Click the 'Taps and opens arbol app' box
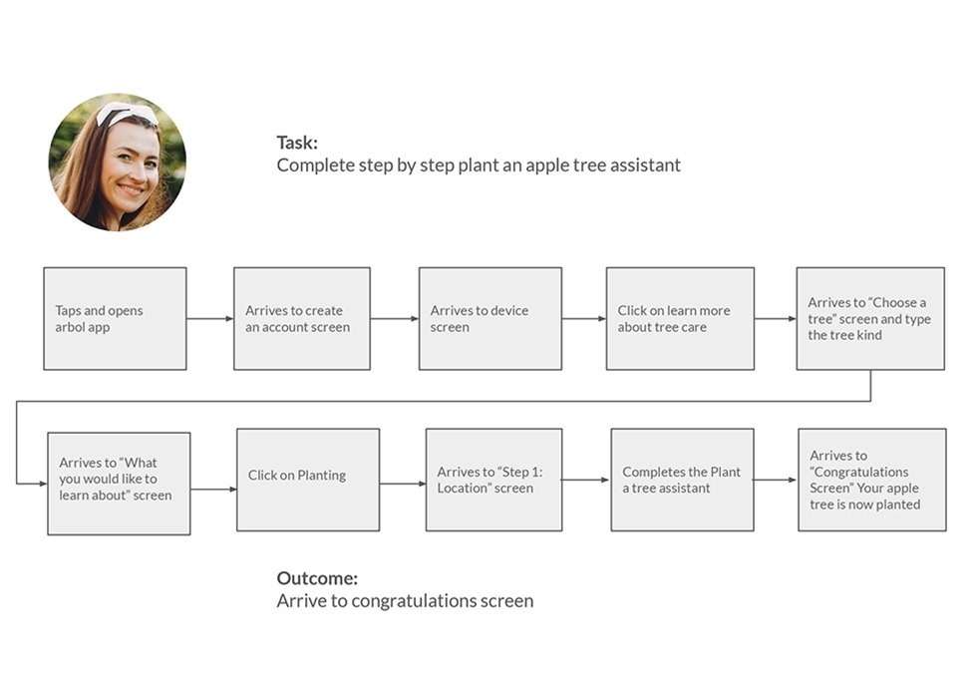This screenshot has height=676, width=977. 115,318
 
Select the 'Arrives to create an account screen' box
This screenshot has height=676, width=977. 302,318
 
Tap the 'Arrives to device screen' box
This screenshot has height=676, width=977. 490,318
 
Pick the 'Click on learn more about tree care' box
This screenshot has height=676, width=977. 680,318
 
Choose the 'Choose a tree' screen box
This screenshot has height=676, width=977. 870,318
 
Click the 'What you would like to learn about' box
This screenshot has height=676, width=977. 119,484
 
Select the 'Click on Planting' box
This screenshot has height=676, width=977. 308,480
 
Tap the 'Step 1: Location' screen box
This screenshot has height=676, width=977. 494,480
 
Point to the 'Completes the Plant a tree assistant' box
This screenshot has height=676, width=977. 682,480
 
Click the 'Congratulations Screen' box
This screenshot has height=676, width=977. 872,480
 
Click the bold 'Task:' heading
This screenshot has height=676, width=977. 297,143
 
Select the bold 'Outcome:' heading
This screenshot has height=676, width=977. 317,578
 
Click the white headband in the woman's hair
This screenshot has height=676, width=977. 127,114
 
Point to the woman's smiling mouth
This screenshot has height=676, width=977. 132,188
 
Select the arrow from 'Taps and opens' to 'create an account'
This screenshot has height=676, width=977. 210,319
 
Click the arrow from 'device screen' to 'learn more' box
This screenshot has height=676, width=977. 584,319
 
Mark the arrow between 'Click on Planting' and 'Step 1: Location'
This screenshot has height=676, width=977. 403,484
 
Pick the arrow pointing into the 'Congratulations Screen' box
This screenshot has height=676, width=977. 776,480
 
